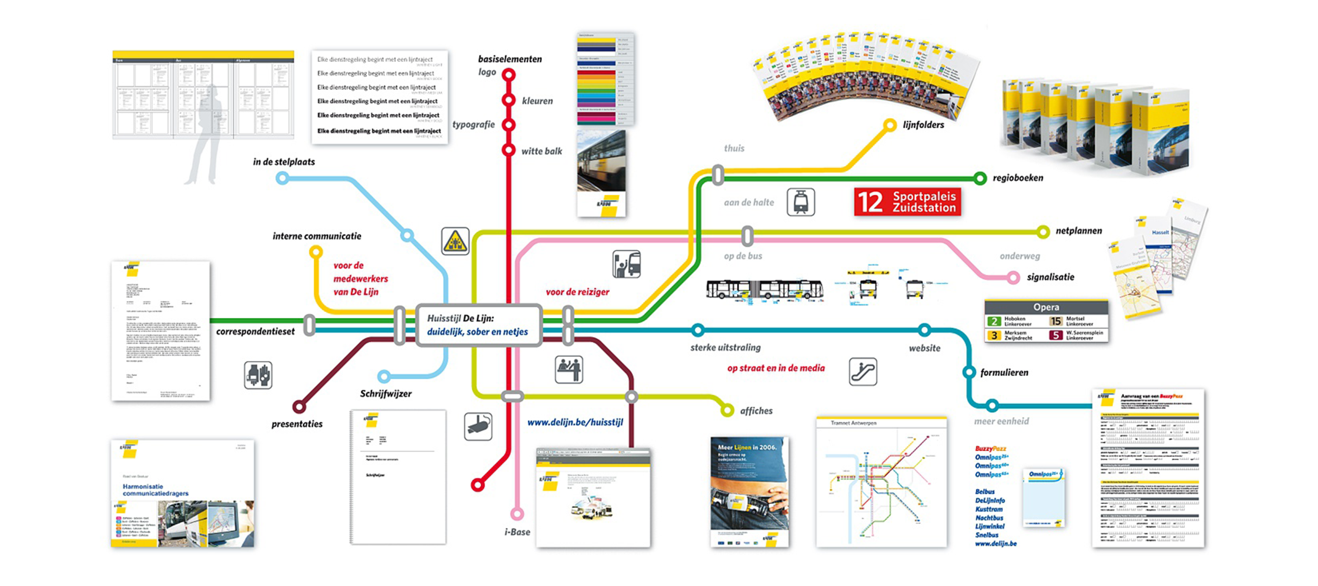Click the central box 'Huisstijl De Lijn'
pos(478,326)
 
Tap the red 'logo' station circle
pos(508,75)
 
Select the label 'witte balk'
pos(541,151)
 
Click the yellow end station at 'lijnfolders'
pos(890,125)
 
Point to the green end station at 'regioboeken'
pos(979,178)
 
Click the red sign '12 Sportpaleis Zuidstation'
pos(907,202)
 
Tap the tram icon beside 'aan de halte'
pos(801,202)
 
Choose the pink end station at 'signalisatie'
pos(1012,278)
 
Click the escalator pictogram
pos(863,372)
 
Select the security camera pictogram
pos(478,426)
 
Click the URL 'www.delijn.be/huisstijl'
pos(575,422)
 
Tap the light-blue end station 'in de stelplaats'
pos(282,178)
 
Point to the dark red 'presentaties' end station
pos(299,407)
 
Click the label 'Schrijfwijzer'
pos(386,394)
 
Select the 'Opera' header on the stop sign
pos(1046,307)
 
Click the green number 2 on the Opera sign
pos(993,321)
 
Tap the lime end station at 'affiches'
pos(726,410)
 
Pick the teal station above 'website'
pos(924,330)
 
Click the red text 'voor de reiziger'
pos(577,292)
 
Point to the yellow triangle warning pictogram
pos(455,241)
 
